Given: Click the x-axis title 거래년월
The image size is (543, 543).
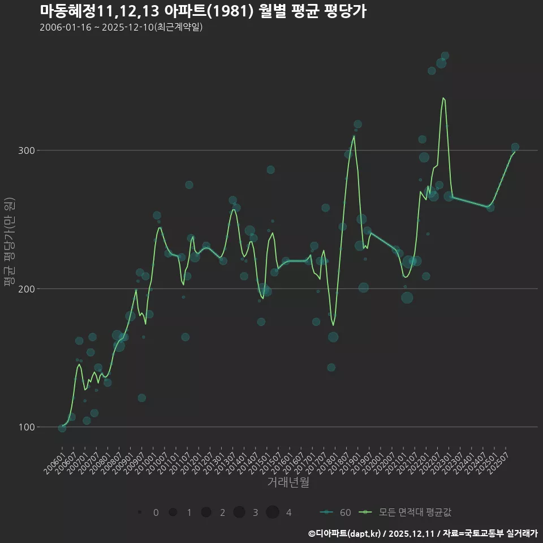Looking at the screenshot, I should click(288, 482).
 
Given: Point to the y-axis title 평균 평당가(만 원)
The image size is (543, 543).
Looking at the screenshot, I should click(10, 242).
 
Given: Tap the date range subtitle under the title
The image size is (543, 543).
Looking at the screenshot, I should click(121, 27).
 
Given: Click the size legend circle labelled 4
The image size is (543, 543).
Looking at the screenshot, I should click(273, 512).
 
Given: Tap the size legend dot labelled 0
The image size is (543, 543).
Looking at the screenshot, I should click(139, 512).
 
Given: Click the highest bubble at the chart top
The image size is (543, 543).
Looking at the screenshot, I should click(445, 56).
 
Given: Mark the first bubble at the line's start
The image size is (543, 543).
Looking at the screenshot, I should click(62, 428).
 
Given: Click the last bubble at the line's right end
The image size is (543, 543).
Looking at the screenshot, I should click(515, 147).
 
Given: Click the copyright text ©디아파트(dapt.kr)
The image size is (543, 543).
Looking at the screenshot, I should click(344, 533).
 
